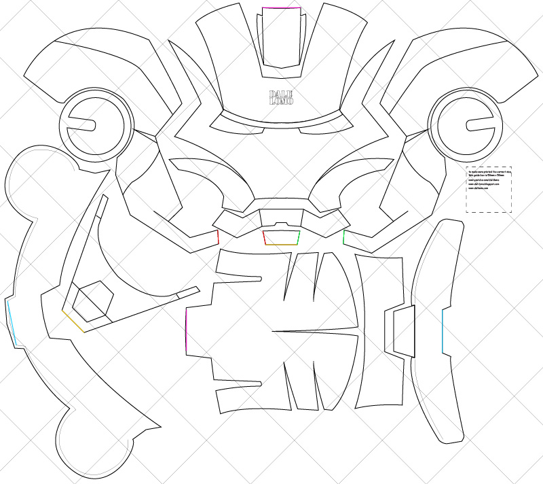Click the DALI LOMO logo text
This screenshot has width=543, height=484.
(x=281, y=97)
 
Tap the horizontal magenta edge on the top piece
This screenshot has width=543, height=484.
(x=281, y=8)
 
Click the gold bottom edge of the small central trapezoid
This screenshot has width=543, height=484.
(x=282, y=244)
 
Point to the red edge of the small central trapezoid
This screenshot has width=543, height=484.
(x=264, y=237)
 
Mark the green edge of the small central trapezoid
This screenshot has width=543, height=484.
(x=299, y=237)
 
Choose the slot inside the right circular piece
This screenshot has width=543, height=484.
(x=477, y=124)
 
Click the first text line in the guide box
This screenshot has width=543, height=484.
(x=488, y=171)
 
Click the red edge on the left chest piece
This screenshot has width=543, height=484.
(x=218, y=237)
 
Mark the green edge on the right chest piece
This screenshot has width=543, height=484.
(x=345, y=237)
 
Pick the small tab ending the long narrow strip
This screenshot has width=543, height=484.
(x=188, y=292)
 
